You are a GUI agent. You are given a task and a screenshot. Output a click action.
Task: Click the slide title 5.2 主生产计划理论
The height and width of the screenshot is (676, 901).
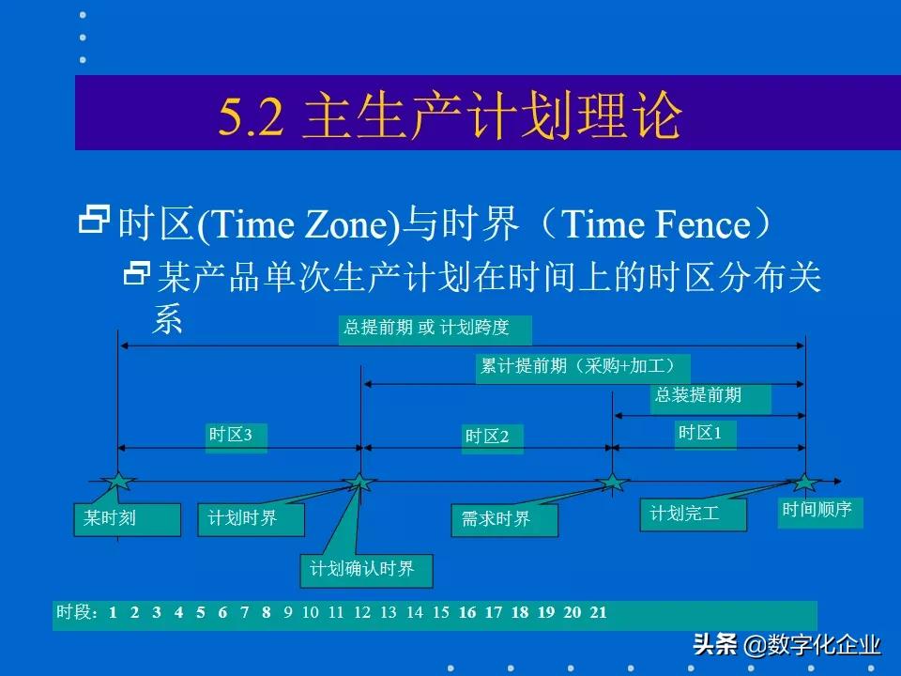pyautogui.click(x=450, y=116)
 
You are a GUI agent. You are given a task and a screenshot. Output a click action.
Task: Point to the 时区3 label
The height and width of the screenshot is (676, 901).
pyautogui.click(x=236, y=437)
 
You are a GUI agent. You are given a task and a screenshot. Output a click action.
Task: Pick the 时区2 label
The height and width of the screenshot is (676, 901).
pyautogui.click(x=493, y=438)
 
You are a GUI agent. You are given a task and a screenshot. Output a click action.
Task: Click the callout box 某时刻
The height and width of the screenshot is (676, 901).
pyautogui.click(x=126, y=519)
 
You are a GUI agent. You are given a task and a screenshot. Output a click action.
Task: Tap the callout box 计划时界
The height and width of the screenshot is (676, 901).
pyautogui.click(x=251, y=519)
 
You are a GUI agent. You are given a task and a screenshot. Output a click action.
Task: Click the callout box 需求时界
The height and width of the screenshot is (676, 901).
pyautogui.click(x=504, y=520)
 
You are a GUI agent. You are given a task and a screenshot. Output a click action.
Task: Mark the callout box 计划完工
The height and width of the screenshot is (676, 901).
pyautogui.click(x=693, y=515)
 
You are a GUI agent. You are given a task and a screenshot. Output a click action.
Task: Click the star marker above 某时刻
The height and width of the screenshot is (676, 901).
pyautogui.click(x=117, y=483)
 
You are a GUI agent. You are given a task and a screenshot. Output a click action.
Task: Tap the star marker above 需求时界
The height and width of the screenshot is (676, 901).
pyautogui.click(x=612, y=483)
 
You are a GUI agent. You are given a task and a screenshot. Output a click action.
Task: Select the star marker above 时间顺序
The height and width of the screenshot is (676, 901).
pyautogui.click(x=804, y=483)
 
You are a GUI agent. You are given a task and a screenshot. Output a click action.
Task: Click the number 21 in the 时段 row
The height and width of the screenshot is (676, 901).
pyautogui.click(x=598, y=613)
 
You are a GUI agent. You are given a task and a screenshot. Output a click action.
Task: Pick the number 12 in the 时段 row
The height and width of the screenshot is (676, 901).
pyautogui.click(x=362, y=613)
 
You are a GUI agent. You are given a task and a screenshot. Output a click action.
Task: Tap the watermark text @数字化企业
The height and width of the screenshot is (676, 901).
pyautogui.click(x=813, y=646)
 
